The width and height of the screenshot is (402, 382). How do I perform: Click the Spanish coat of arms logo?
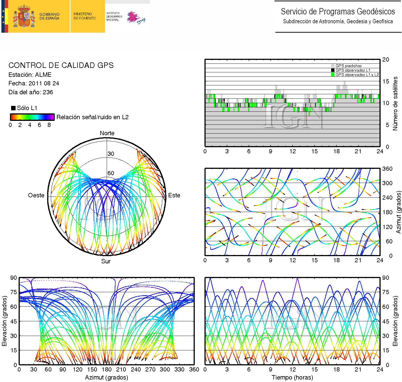click(x=24, y=16)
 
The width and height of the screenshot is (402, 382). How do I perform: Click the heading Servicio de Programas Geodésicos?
click(x=338, y=12)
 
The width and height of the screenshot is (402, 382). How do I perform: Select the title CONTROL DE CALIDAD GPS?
click(x=61, y=65)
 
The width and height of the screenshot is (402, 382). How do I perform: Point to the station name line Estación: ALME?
click(x=30, y=75)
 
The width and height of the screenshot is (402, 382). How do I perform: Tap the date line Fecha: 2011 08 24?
click(x=34, y=83)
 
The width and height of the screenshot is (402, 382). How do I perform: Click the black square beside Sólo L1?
click(x=13, y=108)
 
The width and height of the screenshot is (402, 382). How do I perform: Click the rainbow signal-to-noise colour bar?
click(x=32, y=117)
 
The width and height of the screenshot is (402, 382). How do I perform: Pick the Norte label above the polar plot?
click(x=107, y=133)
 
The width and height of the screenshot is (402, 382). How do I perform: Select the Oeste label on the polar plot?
click(x=36, y=195)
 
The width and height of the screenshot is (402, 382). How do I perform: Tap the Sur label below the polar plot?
click(x=106, y=261)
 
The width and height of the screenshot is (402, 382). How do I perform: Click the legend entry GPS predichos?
click(x=348, y=66)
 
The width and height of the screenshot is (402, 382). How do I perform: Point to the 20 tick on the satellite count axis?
click(x=386, y=60)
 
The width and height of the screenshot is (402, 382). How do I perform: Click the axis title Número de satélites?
click(x=395, y=103)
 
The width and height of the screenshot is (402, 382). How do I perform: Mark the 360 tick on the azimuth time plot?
click(x=387, y=169)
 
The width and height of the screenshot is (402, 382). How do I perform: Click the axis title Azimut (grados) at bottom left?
click(x=106, y=378)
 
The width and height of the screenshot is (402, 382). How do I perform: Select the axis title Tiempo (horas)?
click(x=292, y=378)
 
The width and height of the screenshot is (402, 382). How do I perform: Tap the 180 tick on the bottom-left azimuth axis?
click(x=106, y=370)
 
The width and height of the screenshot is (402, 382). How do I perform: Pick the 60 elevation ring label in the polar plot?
click(x=111, y=173)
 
